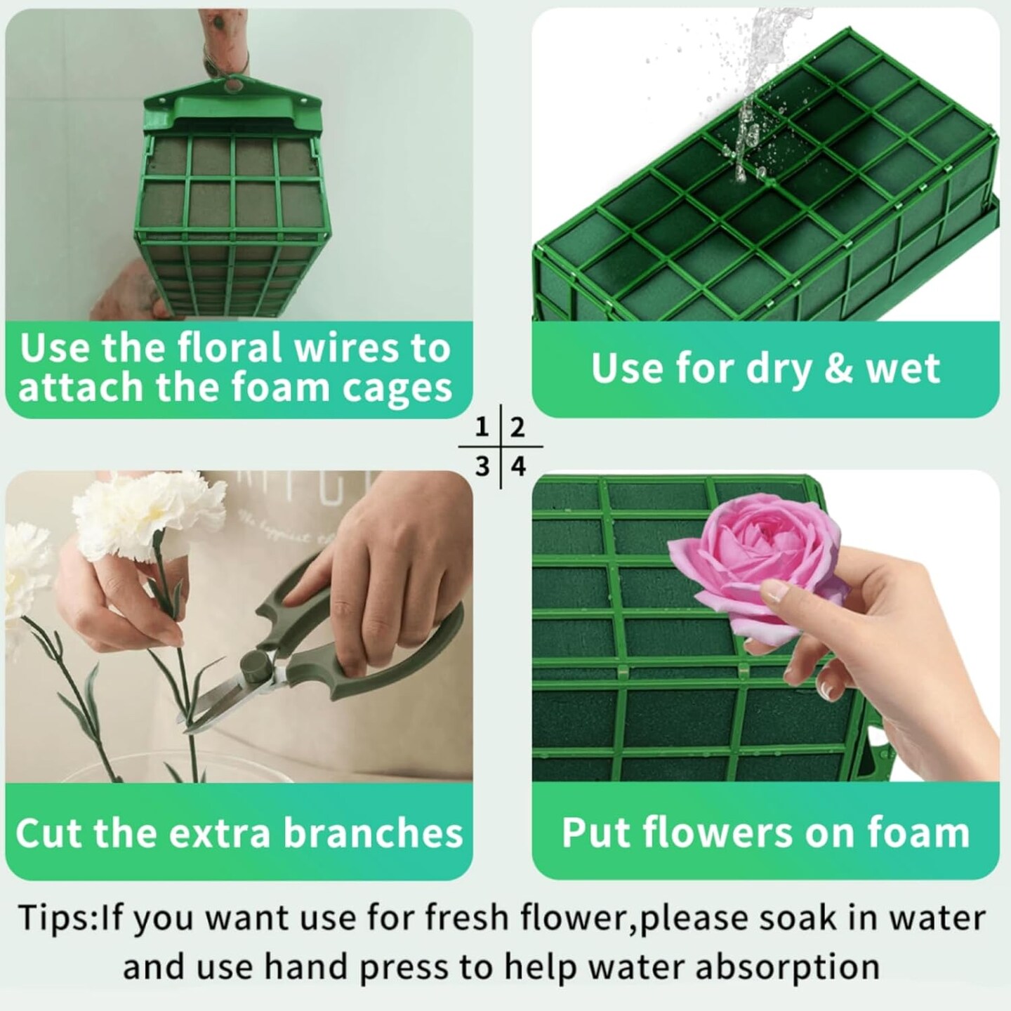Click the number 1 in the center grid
482,426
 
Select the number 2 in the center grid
517,427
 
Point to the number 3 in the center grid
482,466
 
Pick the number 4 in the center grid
518,466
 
